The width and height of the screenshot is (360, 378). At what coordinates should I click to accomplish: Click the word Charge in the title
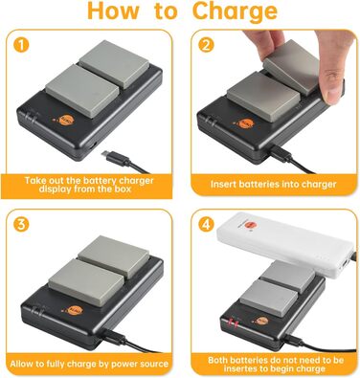(x=235, y=12)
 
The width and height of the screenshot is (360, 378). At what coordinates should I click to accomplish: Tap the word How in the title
(x=113, y=11)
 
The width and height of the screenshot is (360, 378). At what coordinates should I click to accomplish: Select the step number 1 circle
(x=21, y=45)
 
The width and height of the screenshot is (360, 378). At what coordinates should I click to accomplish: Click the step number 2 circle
(x=206, y=45)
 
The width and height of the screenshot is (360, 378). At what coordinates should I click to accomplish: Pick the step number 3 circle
(x=21, y=224)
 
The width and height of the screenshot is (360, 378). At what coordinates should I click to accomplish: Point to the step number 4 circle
(x=206, y=224)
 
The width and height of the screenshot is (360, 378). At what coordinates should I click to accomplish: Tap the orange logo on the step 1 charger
(x=67, y=122)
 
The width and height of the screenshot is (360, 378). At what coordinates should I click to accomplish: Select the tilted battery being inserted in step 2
(x=291, y=67)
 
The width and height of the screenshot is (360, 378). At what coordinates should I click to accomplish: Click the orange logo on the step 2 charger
(x=247, y=123)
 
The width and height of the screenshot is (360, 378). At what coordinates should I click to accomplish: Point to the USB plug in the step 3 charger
(x=113, y=336)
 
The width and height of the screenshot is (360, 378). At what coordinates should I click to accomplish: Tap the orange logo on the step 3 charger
(x=76, y=310)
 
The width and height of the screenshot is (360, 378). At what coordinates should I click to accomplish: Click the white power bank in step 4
(x=285, y=244)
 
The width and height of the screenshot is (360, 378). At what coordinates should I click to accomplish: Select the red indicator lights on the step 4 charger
(x=233, y=322)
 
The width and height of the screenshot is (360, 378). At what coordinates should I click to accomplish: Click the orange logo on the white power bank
(x=253, y=226)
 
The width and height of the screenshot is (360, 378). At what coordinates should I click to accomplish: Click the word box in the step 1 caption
(x=122, y=189)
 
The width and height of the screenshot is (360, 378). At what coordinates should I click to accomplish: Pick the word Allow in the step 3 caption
(x=21, y=364)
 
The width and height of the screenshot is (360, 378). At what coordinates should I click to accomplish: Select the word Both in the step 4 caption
(x=219, y=360)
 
